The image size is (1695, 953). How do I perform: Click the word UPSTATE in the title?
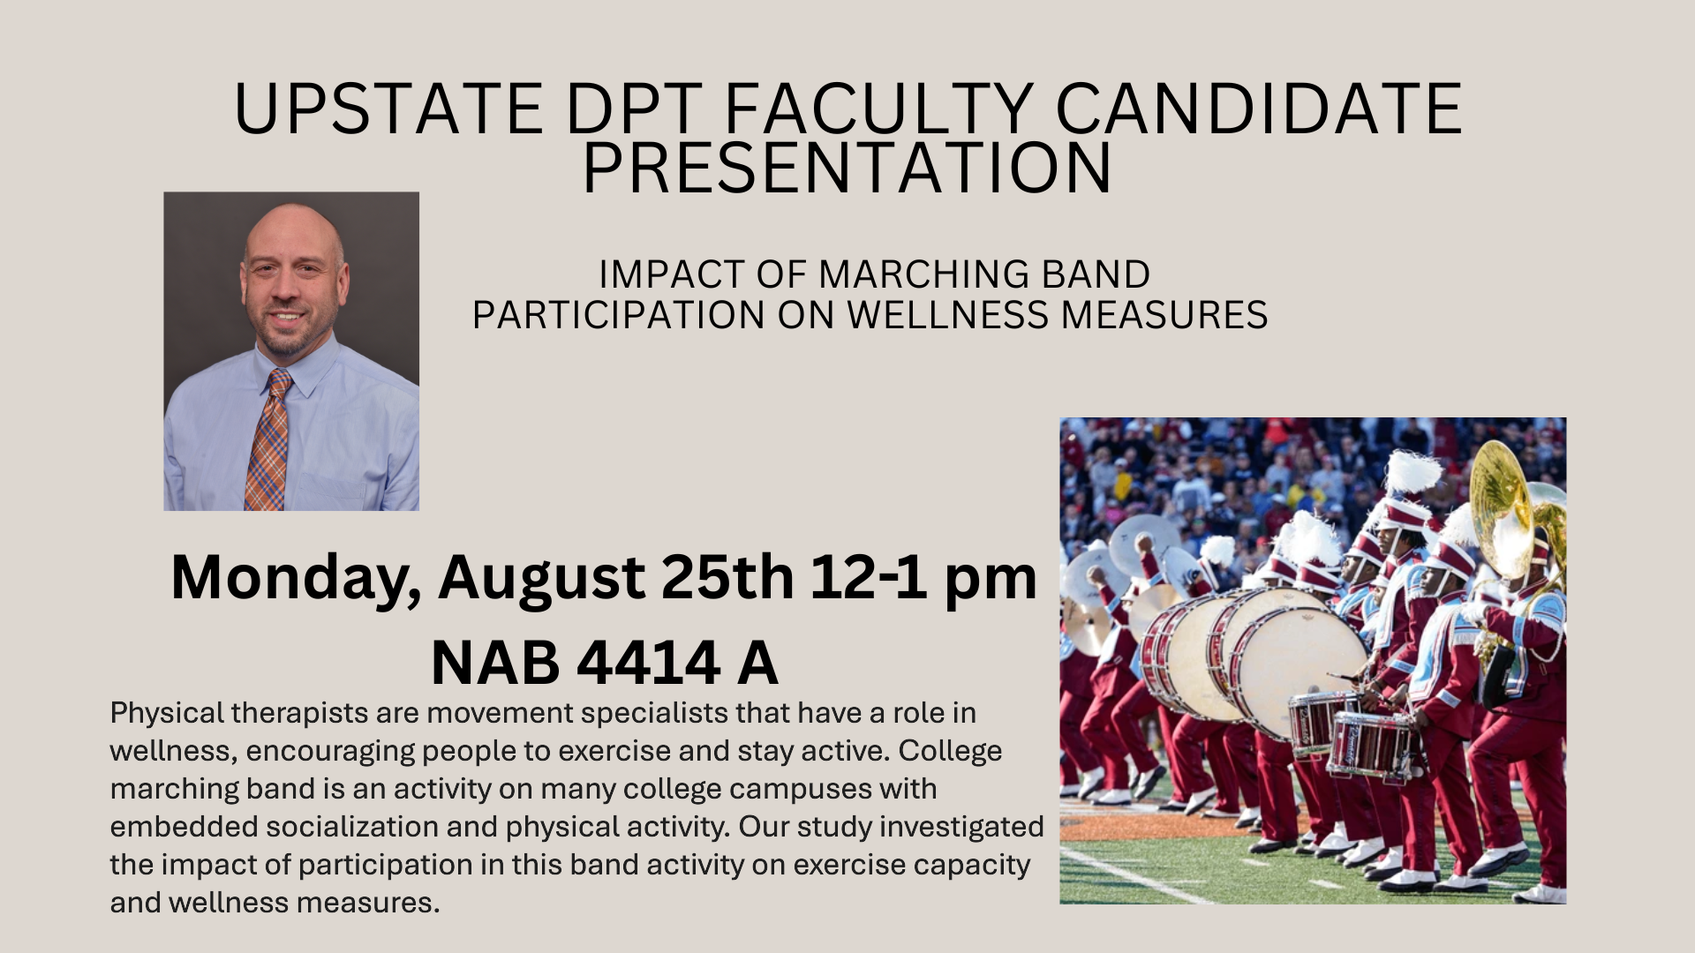388,109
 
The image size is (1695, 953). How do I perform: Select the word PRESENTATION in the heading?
847,167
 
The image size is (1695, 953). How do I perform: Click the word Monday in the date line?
296,579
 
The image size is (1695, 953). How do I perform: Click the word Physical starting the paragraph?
167,714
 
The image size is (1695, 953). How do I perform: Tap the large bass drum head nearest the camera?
1298,672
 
